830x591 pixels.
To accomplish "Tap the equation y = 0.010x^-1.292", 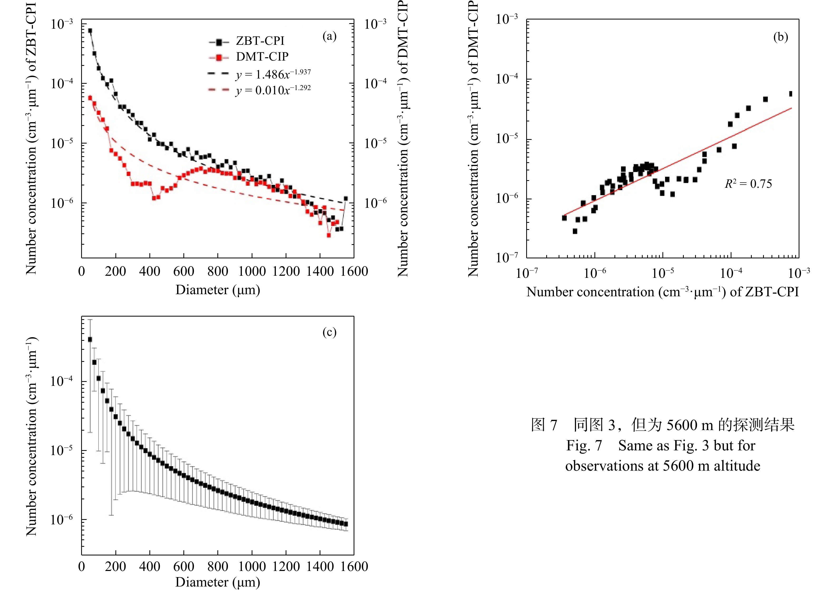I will pos(273,90).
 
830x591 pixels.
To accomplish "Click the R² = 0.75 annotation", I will pos(748,184).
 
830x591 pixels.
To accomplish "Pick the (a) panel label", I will pos(329,36).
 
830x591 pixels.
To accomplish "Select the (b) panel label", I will pos(780,37).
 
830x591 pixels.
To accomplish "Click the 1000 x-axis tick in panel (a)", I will pos(252,272).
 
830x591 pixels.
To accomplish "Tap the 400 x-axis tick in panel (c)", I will pos(150,567).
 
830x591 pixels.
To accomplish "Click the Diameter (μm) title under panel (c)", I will pos(218,582).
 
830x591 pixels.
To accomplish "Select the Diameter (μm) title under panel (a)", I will pos(218,290).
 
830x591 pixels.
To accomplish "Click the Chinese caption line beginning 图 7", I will pos(662,425).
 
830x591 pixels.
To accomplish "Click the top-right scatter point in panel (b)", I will pos(790,94).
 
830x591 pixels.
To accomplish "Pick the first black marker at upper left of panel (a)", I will pos(90,31).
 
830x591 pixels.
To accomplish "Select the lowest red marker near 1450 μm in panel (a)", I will pos(329,235).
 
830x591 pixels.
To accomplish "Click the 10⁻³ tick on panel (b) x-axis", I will pos(799,272).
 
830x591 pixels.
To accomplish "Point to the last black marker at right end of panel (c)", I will pos(346,524).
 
